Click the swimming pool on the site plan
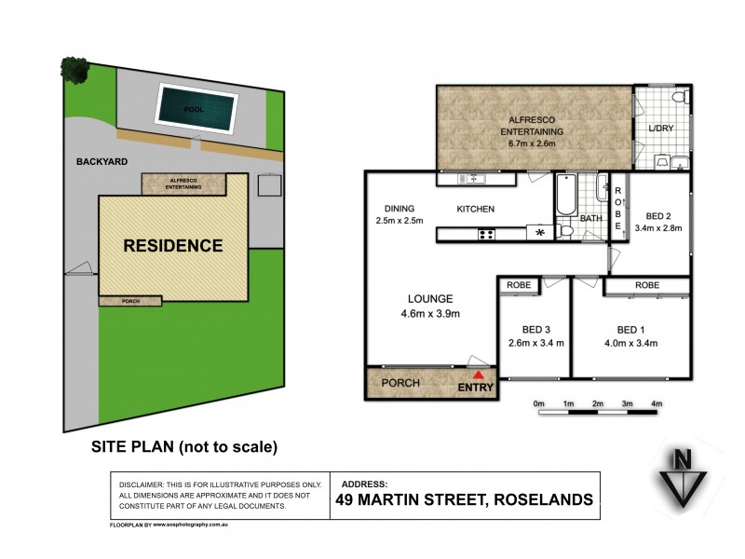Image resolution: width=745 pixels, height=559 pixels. [193, 109]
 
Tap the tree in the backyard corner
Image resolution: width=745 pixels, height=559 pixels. [73, 67]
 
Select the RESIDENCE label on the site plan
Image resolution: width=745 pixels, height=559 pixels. [175, 246]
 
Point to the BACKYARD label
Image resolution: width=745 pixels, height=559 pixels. [102, 161]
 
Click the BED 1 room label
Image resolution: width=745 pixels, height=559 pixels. [631, 330]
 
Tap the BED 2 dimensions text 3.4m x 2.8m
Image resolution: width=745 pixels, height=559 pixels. [658, 227]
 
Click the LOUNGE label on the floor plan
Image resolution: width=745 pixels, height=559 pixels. [429, 299]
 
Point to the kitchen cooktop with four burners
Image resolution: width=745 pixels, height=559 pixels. [486, 234]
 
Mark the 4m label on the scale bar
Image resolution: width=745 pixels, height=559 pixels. [657, 402]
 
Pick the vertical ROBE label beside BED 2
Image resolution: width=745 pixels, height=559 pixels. [616, 211]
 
